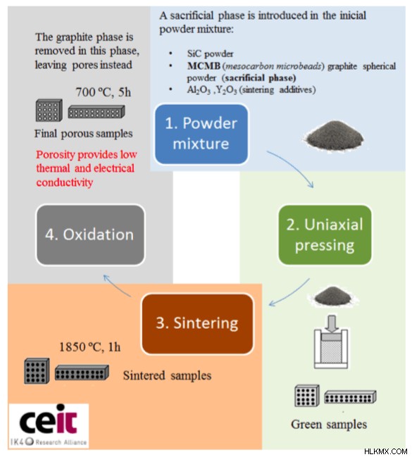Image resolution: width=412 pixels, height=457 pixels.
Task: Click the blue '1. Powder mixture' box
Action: pyautogui.click(x=201, y=134)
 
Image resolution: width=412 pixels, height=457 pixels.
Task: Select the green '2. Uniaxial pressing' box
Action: pyautogui.click(x=325, y=235)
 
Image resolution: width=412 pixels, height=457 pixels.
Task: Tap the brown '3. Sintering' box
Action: pyautogui.click(x=197, y=324)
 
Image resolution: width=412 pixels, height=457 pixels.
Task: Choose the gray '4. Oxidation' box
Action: pyautogui.click(x=90, y=234)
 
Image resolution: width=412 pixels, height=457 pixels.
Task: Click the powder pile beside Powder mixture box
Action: pyautogui.click(x=335, y=136)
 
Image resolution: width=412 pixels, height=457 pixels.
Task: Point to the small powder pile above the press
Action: pyautogui.click(x=332, y=296)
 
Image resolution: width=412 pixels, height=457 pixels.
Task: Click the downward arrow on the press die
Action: pyautogui.click(x=332, y=323)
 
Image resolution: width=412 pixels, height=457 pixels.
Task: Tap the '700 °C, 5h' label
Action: pyautogui.click(x=104, y=92)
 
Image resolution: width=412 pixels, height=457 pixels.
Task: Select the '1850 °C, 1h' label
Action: pyautogui.click(x=90, y=347)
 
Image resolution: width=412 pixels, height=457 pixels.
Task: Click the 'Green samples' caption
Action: pyautogui.click(x=329, y=425)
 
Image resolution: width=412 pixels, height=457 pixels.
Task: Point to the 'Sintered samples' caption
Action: pyautogui.click(x=167, y=375)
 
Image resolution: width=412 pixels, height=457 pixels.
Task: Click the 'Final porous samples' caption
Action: pyautogui.click(x=84, y=134)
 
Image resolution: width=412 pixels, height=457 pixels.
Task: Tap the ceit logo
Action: pyautogui.click(x=49, y=425)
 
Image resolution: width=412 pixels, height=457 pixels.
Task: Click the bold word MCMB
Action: pyautogui.click(x=204, y=66)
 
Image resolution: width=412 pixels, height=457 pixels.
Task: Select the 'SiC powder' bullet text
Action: pyautogui.click(x=211, y=54)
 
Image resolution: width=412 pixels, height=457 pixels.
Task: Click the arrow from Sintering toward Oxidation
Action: pyautogui.click(x=117, y=285)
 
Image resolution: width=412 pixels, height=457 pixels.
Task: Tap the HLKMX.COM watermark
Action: pyautogui.click(x=385, y=451)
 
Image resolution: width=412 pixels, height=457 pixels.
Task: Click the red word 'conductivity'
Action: pyautogui.click(x=64, y=182)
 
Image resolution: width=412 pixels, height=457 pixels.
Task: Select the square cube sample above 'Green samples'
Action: pyautogui.click(x=307, y=396)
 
